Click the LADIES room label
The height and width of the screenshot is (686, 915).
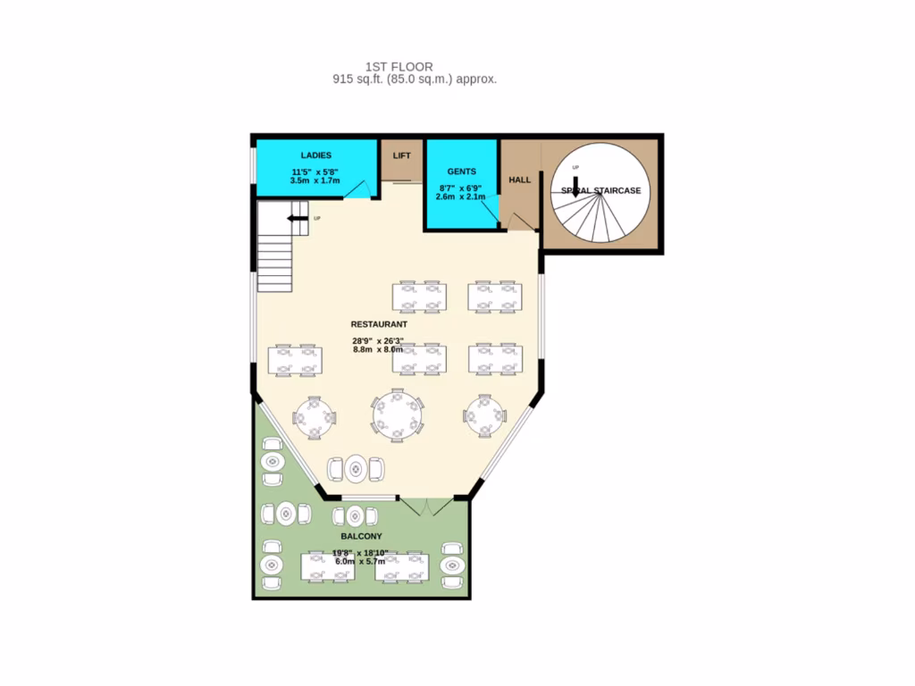pos(315,156)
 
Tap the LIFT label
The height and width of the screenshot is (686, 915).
pos(402,155)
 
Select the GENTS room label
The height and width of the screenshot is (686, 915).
pos(461,171)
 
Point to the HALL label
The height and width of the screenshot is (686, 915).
pos(519,180)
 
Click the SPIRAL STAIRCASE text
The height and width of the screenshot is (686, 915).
pos(601,190)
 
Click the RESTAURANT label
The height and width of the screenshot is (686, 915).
pos(379,324)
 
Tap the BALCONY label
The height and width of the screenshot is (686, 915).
pos(361,536)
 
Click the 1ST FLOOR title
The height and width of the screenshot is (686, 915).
pos(399,67)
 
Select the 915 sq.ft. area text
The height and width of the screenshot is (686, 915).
pos(415,79)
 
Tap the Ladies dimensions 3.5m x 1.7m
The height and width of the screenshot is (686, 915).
pos(315,180)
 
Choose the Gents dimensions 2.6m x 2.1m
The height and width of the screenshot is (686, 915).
pos(461,197)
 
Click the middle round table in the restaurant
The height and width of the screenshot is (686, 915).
pos(399,414)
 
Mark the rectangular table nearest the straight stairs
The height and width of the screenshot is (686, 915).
pos(295,358)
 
